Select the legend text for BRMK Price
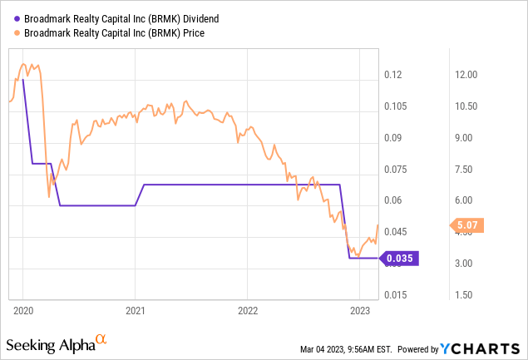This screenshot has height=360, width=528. (x=109, y=33)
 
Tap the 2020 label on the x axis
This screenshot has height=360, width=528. (x=22, y=310)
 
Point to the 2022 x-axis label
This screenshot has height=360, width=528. (x=247, y=310)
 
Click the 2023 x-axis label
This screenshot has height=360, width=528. (x=359, y=310)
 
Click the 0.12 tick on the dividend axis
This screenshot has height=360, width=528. (x=394, y=75)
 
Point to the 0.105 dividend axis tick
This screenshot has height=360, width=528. (x=397, y=106)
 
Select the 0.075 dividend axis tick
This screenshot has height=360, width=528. (x=397, y=170)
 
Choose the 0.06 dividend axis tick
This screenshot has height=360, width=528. (x=394, y=200)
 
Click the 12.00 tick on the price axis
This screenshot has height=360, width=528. (x=464, y=75)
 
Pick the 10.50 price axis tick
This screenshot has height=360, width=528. (x=464, y=106)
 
